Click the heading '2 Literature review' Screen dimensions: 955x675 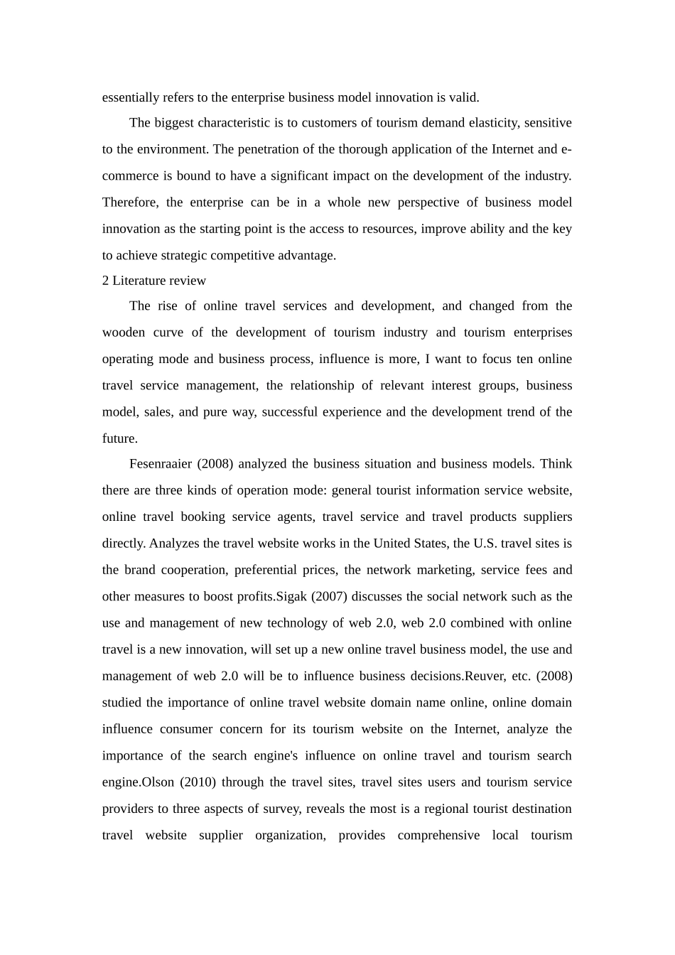click(x=154, y=281)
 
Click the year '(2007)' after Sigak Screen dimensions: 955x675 click(x=329, y=596)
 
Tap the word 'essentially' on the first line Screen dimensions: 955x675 click(x=130, y=97)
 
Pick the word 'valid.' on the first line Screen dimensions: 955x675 click(x=463, y=97)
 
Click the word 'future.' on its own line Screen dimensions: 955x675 click(x=120, y=438)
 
